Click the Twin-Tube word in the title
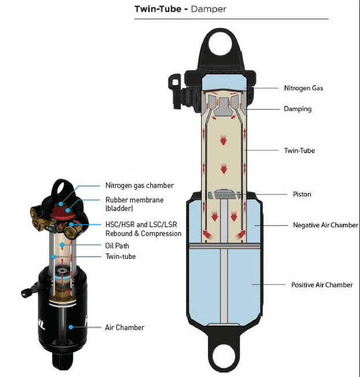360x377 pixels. pos(158,9)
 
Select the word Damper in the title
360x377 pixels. pos(209,9)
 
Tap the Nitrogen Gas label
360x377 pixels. pos(303,88)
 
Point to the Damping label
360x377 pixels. pos(298,109)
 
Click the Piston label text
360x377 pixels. pos(302,194)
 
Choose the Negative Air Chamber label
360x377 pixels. pos(325,225)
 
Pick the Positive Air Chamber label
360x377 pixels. pos(322,285)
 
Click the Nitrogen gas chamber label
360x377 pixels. pos(140,186)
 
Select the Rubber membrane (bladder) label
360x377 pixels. pos(135,204)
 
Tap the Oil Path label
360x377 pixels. pos(117,246)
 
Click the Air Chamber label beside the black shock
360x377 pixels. pos(124,327)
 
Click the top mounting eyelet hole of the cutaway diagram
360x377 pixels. pos(220,45)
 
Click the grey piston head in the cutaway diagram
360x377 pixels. pos(224,194)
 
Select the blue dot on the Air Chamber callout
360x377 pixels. pos(70,327)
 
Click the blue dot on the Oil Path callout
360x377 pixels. pos(62,245)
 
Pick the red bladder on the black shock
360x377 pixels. pos(64,211)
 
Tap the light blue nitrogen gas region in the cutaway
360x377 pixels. pos(224,82)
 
